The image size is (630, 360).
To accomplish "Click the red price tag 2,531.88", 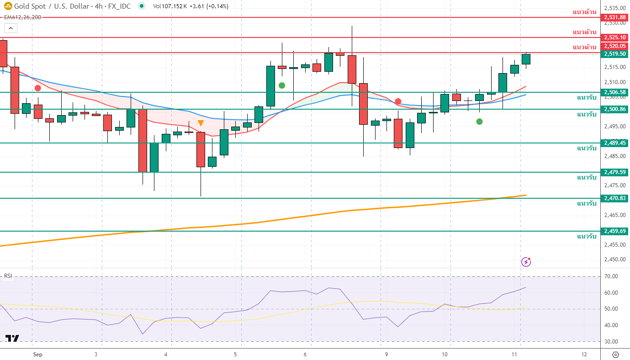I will point(614,17).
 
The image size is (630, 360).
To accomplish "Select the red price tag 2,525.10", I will point(614,37).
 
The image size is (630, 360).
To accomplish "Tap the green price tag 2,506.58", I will point(614,92).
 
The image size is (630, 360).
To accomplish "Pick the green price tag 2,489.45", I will point(614,143).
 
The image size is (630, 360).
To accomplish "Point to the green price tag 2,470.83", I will point(614,198).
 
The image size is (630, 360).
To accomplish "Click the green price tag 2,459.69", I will point(614,231).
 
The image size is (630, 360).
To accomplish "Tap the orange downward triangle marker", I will point(201,123).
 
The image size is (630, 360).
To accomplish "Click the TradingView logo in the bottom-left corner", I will point(12,339).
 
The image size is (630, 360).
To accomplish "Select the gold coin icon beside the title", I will point(8,6).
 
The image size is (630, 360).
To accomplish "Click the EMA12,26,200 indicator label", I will point(23,17).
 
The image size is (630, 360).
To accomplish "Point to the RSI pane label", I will point(8,275).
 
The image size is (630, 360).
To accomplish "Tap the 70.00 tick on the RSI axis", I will point(610,276).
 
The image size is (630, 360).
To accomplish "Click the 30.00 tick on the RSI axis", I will point(610,342).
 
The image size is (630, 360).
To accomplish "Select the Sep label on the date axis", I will point(37,355).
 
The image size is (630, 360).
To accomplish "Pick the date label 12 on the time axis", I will point(584,355).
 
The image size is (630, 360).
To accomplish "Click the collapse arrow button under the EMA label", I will point(11,28).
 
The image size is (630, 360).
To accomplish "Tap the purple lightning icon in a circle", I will point(526,262).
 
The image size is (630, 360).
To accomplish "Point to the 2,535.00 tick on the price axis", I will point(614,8).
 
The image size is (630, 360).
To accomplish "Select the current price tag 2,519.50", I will point(614,54).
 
